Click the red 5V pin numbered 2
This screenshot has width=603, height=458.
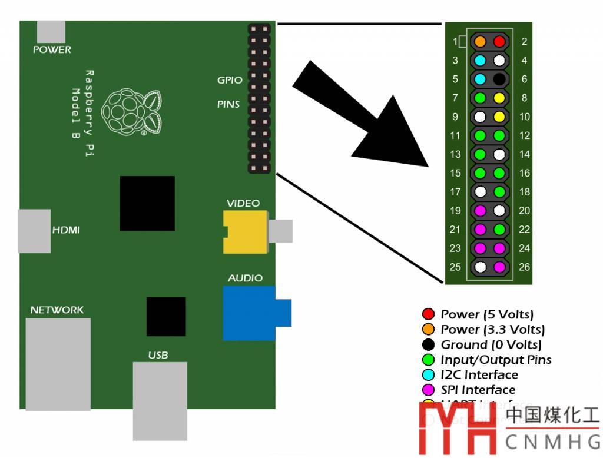[499, 41]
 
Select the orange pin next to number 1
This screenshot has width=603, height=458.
[481, 41]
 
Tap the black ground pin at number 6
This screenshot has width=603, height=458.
[499, 79]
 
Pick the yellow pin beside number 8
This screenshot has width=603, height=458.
[499, 98]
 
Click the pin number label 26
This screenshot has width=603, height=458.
[524, 267]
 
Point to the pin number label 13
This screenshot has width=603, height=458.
[455, 154]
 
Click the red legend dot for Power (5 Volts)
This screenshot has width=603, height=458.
[428, 314]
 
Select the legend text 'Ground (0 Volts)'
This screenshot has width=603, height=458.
[491, 344]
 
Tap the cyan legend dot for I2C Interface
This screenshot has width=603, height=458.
[428, 374]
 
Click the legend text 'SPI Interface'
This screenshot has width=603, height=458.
[478, 390]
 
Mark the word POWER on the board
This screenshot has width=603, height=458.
[52, 50]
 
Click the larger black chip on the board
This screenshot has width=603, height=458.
[147, 203]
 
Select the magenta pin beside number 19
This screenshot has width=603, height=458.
[481, 210]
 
